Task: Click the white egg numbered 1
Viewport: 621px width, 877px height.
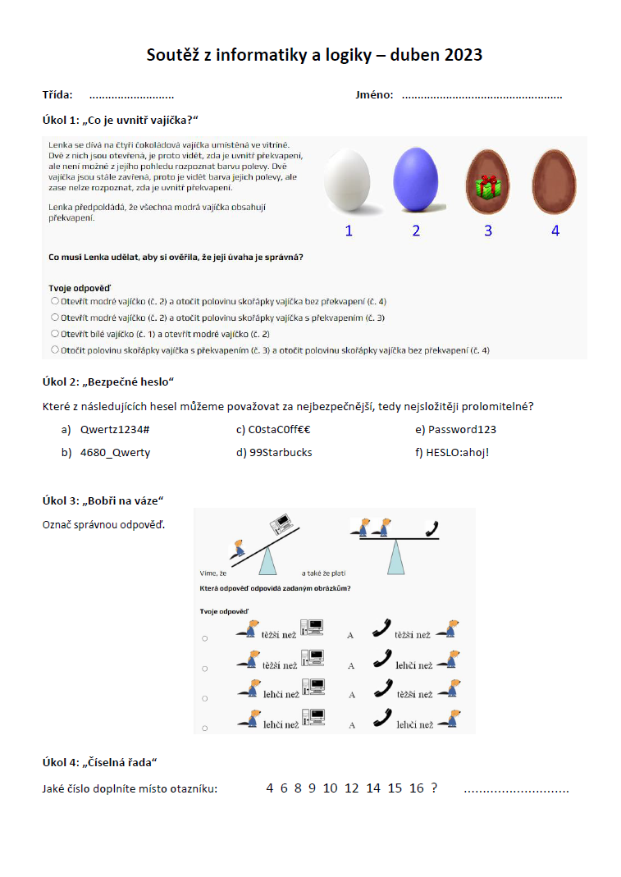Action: point(349,180)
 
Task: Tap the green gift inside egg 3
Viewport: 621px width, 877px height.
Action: point(488,186)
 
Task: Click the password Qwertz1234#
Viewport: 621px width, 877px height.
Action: point(114,429)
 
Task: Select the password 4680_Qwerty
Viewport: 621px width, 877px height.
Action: point(115,452)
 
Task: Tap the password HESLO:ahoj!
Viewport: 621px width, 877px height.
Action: point(452,452)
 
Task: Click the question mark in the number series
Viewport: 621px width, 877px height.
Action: point(434,788)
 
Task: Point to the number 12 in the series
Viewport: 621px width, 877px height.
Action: point(352,788)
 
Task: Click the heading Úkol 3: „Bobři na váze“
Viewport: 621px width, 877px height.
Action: point(103,500)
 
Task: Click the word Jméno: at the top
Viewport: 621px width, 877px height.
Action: point(374,95)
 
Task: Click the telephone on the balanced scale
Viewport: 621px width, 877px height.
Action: point(431,528)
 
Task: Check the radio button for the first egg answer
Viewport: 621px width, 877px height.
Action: point(55,301)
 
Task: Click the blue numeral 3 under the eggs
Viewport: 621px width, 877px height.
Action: point(488,231)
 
